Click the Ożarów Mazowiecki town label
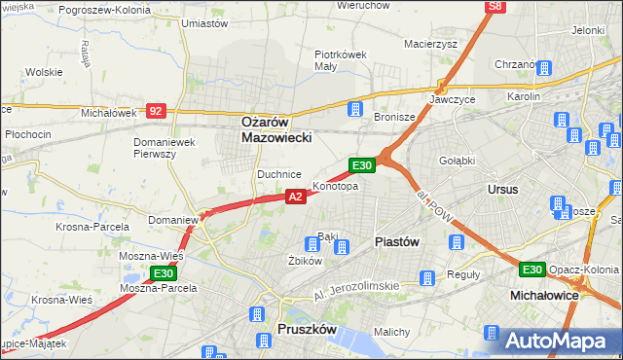pos(276,130)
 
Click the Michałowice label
pos(544,294)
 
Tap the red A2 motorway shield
pos(297,197)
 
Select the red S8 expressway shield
pos(496,7)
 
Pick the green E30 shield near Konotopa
pos(362,166)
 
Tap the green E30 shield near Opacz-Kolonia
pos(531,270)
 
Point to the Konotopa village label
pos(335,186)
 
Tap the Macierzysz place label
pos(430,43)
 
